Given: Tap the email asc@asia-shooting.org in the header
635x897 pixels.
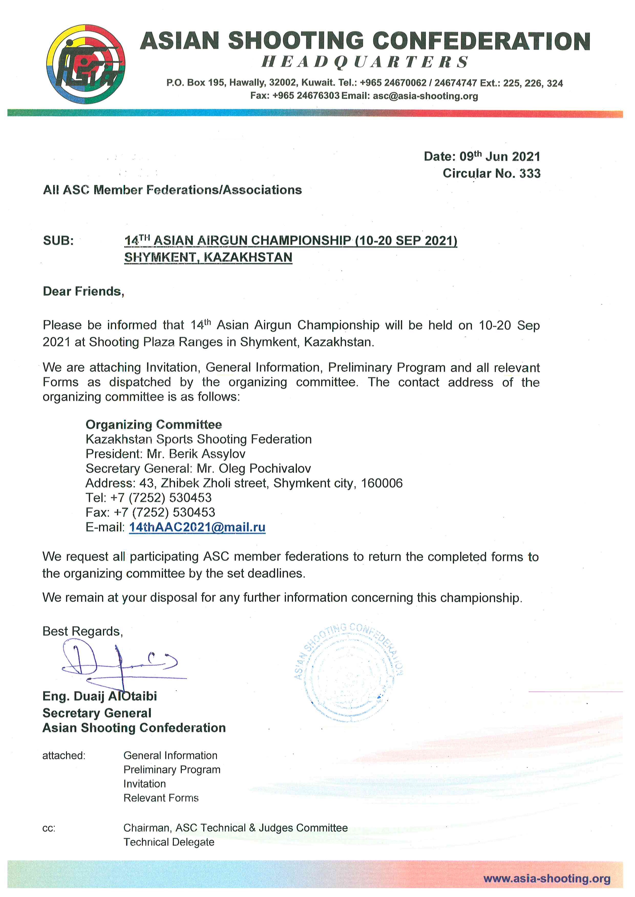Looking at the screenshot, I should [425, 96].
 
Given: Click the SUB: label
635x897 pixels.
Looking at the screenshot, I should [58, 241].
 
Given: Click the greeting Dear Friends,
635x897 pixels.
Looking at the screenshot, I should [83, 291].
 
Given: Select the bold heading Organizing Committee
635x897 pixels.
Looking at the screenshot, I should [154, 425].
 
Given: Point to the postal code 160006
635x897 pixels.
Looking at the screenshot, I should [382, 483].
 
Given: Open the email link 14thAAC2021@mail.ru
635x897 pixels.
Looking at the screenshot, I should [197, 527].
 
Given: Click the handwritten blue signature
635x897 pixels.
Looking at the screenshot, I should [117, 664].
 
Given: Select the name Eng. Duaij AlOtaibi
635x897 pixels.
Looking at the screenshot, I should [100, 696].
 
